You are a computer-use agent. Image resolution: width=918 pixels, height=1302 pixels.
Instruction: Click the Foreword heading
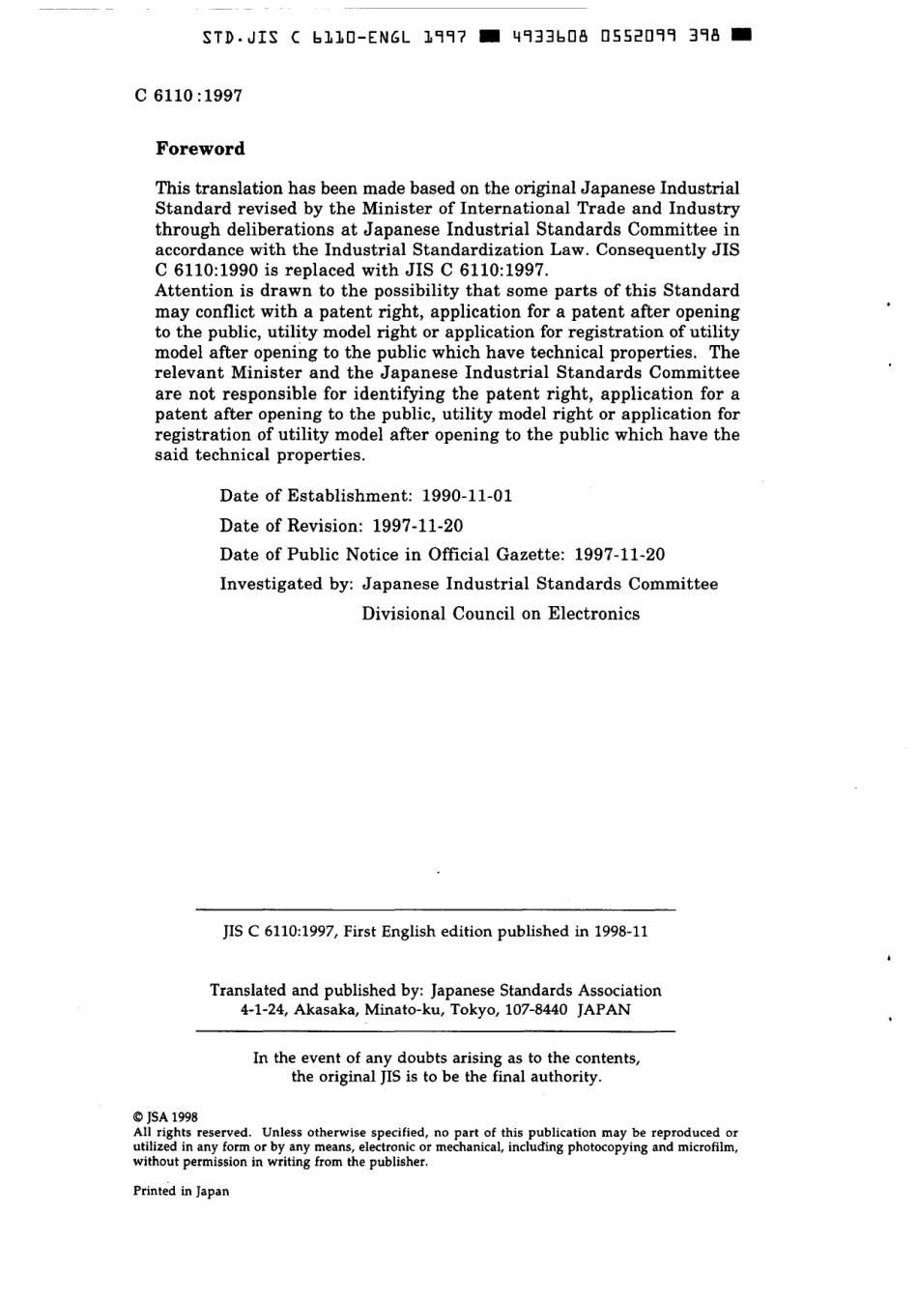(x=200, y=149)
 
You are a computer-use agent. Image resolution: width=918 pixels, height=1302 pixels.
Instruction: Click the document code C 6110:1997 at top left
(x=188, y=96)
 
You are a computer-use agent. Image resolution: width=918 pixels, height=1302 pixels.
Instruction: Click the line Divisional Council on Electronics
(x=501, y=614)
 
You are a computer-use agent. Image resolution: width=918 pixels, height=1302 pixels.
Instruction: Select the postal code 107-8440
(x=535, y=1009)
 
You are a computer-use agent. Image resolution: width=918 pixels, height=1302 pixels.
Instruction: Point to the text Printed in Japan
(x=181, y=1191)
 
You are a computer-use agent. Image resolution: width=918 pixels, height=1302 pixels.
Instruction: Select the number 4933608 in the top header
(x=548, y=38)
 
